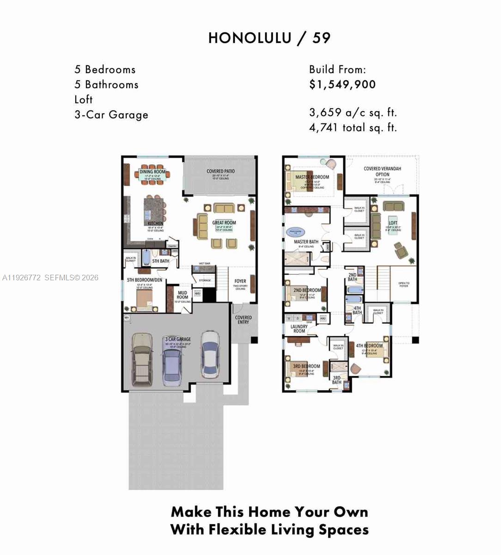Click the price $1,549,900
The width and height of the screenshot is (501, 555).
pos(342,85)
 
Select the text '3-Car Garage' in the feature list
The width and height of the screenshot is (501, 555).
pos(111,115)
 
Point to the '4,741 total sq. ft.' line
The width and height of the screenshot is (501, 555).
pos(353,128)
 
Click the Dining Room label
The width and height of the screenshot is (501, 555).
pos(152,172)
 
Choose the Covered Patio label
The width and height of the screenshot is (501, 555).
pos(220,171)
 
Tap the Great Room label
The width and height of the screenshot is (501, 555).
pos(224,223)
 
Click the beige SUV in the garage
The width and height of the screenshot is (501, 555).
pos(142,358)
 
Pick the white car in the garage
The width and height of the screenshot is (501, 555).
pos(210,354)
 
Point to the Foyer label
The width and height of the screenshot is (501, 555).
pos(240,281)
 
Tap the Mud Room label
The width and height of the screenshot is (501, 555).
pos(182,295)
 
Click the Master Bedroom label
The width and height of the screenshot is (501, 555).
pos(312,177)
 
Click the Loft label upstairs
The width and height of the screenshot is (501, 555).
pos(392,222)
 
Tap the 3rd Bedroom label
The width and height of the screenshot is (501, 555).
pos(306,366)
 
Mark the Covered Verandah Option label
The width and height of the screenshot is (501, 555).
pos(382,172)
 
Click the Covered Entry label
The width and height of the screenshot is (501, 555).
pos(243,320)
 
